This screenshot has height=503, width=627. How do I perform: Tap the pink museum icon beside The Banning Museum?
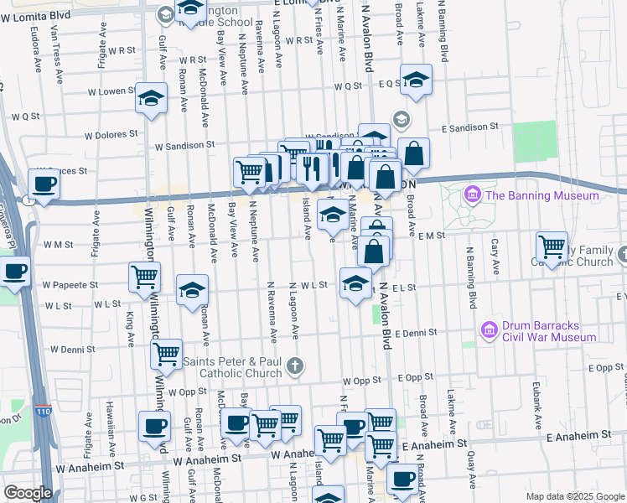pos(473,195)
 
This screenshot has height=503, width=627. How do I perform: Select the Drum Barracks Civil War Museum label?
pos(548,331)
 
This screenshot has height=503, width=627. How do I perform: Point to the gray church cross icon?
pos(294,366)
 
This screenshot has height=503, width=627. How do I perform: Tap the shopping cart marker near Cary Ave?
pos(552,246)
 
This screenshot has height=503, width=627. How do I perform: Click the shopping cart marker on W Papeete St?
pos(144,277)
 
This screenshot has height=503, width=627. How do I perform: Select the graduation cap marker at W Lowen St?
pos(152,98)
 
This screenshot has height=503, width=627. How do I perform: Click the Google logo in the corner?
pos(27,493)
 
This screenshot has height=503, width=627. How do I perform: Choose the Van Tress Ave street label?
pos(57,58)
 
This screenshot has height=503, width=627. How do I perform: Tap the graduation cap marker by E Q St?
pos(414,80)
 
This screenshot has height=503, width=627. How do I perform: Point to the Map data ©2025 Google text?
pos(574,496)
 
